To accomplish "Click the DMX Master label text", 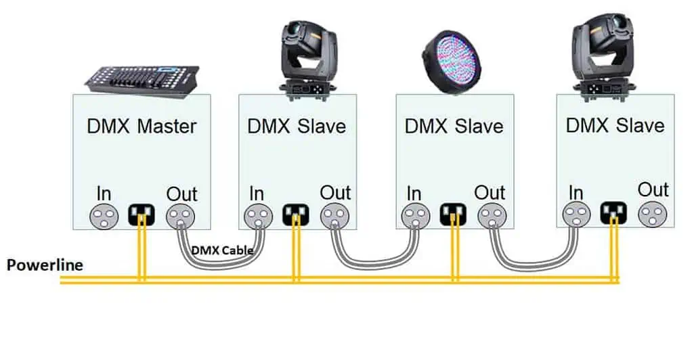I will pos(142,126).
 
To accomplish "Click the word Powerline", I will pos(45,265).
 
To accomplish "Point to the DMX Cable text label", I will pos(222,250).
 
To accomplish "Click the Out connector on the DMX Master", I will pos(180,216).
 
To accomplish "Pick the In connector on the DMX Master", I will pos(103,216).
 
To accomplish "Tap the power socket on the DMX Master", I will pos(142,215).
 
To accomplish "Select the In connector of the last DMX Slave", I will pos(576,215).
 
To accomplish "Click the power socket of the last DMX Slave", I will pos(613,212).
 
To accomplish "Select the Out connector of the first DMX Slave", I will pos(334,216).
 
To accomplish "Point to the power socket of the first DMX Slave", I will pos(296,215).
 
